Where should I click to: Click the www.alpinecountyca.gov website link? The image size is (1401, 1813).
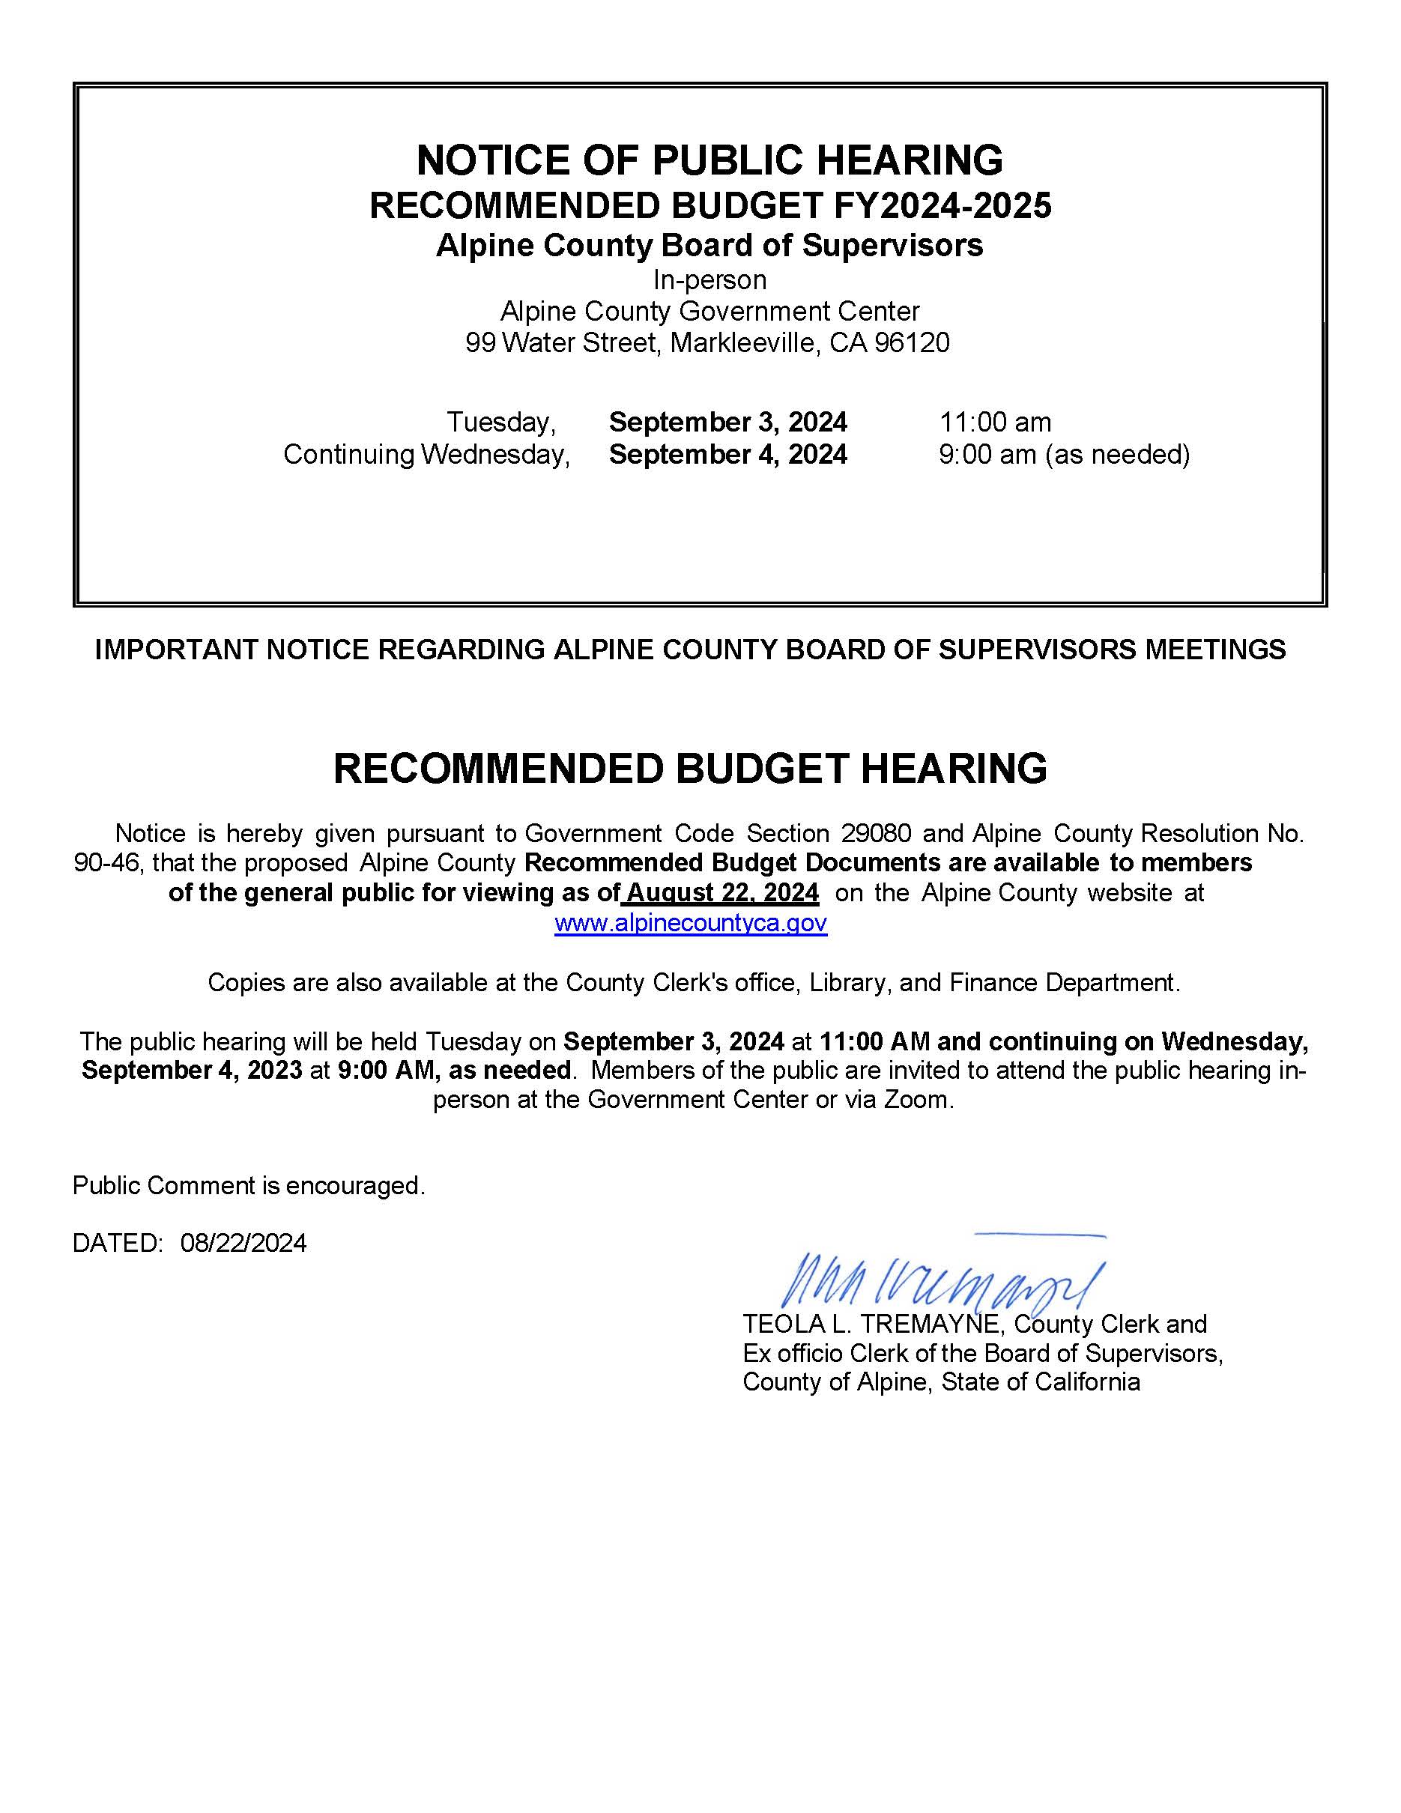point(691,923)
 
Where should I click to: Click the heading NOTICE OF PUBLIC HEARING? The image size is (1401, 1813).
point(709,160)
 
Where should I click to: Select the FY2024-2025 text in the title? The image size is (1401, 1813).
point(942,205)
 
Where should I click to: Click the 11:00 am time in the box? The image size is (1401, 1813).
point(995,422)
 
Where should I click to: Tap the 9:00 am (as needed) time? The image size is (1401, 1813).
point(1064,454)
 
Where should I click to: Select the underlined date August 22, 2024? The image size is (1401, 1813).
point(723,892)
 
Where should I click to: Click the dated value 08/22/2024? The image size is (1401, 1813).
point(243,1243)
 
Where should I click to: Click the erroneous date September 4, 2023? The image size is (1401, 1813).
point(192,1070)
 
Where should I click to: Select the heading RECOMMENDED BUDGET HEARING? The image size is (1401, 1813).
point(690,768)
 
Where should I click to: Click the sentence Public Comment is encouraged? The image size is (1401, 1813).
point(249,1185)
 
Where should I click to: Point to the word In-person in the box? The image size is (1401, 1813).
point(709,279)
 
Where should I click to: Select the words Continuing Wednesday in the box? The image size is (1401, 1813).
point(426,454)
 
